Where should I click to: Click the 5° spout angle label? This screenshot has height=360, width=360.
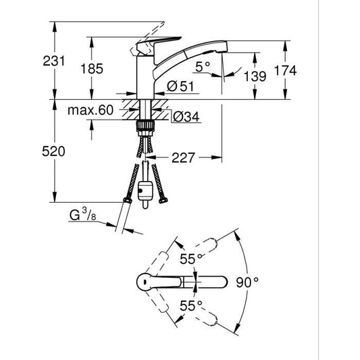point(201,67)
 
